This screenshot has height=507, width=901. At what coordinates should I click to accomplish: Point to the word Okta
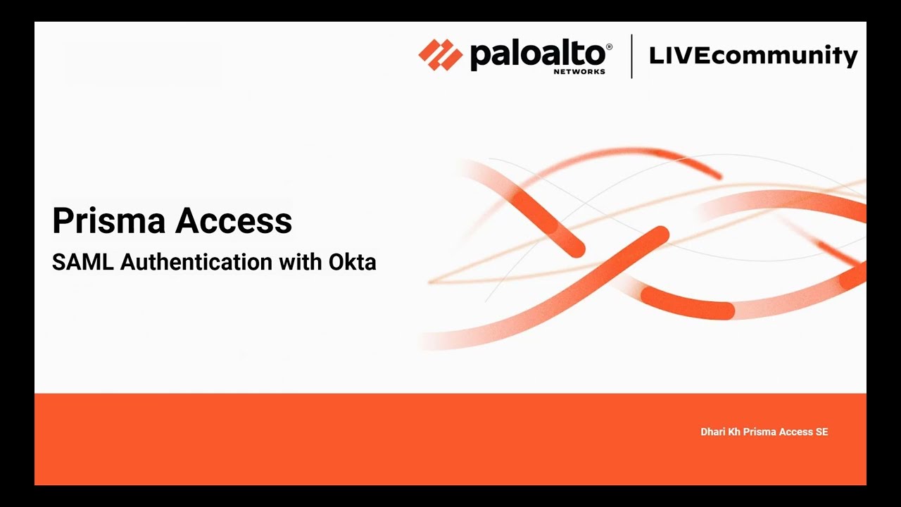353,262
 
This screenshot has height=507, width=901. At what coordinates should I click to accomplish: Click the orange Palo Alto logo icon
440,55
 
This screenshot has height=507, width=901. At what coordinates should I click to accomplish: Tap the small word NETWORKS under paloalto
579,71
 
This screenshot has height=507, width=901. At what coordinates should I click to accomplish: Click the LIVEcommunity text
753,55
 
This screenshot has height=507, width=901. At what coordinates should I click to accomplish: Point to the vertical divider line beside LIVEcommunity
631,56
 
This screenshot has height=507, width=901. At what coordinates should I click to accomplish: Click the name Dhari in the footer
712,432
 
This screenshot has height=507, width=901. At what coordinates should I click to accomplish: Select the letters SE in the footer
821,432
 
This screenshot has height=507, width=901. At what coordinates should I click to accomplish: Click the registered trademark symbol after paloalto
609,47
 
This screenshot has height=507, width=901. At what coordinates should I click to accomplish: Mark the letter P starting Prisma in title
63,221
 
